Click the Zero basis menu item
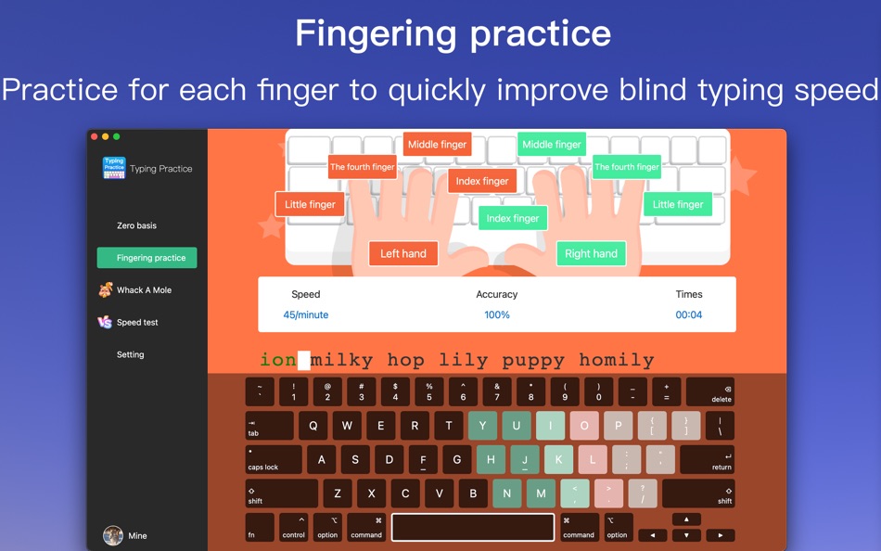coord(136,225)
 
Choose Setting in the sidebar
coord(131,354)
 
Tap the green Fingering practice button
coord(147,258)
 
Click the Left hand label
coord(403,253)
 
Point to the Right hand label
coord(591,253)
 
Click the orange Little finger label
coord(310,204)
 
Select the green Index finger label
coord(513,218)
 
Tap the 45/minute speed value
coord(306,314)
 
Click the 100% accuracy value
coord(497,314)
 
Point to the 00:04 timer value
coord(689,314)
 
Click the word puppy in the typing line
coord(533,361)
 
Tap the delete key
coord(710,391)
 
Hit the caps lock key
coord(274,459)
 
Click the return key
coord(707,459)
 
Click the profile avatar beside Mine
coord(113,536)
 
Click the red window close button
coord(95,136)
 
